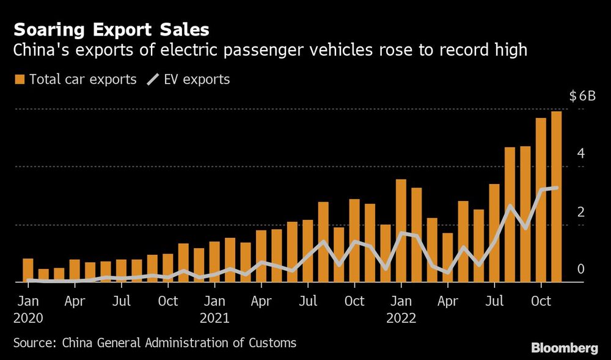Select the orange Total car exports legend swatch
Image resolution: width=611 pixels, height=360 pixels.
(x=20, y=79)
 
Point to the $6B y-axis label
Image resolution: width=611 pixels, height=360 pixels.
(x=581, y=96)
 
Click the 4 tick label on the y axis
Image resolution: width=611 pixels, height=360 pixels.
(x=581, y=153)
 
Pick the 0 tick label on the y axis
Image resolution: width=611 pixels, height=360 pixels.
(x=581, y=269)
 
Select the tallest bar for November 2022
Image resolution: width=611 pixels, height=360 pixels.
(x=556, y=197)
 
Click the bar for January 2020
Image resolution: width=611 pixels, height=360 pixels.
(x=28, y=270)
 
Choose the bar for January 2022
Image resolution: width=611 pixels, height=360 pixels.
(x=401, y=231)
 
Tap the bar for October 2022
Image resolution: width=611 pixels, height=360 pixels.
(x=541, y=200)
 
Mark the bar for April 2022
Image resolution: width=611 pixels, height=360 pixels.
(x=448, y=257)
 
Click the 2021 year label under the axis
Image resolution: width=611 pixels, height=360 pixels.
(x=214, y=318)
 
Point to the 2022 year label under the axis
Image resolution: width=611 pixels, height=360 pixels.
(x=401, y=318)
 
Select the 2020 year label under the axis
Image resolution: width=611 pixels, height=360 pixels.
(x=28, y=318)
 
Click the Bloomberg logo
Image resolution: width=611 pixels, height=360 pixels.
(x=564, y=348)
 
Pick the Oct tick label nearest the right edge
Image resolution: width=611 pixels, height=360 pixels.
(x=541, y=301)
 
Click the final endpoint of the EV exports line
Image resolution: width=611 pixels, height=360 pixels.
(x=556, y=188)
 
